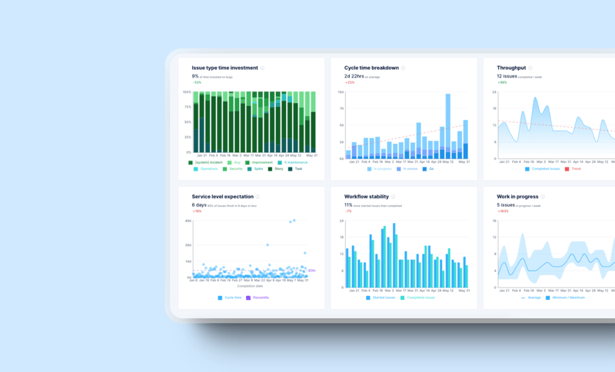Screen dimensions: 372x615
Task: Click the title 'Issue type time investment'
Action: tap(224, 68)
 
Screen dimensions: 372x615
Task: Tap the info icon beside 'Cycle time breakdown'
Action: tap(403, 68)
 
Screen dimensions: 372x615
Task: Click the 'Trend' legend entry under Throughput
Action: tap(576, 168)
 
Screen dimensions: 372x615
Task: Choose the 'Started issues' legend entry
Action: tap(382, 297)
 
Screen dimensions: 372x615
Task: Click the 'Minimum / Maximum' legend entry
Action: tap(570, 297)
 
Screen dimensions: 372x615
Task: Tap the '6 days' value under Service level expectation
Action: tap(198, 205)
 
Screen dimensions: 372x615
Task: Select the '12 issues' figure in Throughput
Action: tap(507, 76)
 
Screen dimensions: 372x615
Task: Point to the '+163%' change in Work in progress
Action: tap(503, 211)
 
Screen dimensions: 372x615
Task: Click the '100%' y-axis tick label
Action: tap(187, 92)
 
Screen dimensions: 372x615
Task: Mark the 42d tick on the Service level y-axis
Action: tap(188, 221)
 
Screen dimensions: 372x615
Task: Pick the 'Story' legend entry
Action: tap(279, 168)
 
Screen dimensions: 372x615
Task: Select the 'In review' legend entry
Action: tap(411, 168)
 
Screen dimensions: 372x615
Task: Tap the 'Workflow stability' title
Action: tap(366, 197)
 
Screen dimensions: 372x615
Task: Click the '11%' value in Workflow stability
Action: tap(348, 205)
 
